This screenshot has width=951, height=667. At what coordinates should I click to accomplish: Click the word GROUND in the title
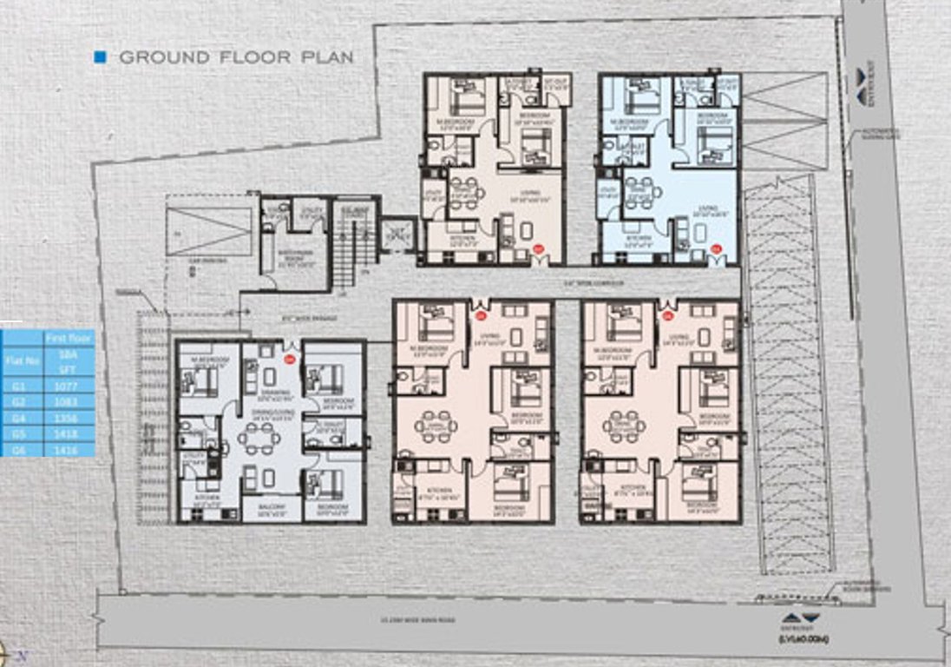point(164,58)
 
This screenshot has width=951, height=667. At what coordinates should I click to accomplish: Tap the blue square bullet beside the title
point(100,57)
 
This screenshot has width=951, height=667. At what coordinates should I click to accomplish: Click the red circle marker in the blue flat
point(717,249)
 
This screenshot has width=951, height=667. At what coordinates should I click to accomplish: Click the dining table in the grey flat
point(259,438)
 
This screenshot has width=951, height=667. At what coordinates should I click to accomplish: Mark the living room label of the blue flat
point(709,208)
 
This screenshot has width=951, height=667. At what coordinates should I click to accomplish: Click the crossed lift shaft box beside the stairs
point(398,233)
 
